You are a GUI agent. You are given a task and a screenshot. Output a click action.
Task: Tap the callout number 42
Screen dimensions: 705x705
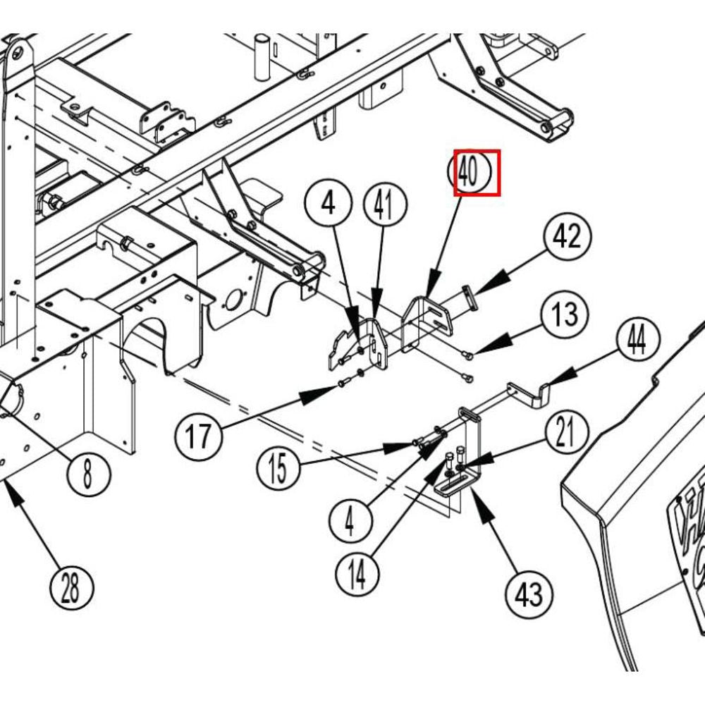point(567,237)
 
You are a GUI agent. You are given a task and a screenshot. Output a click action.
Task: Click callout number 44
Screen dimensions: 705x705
point(637,341)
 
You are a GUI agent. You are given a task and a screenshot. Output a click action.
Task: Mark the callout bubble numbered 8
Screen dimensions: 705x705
point(87,473)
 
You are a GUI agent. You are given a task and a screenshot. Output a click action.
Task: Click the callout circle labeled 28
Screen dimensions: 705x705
point(70,589)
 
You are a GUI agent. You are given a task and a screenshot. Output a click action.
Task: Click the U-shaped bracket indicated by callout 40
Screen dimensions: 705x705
point(427,321)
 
